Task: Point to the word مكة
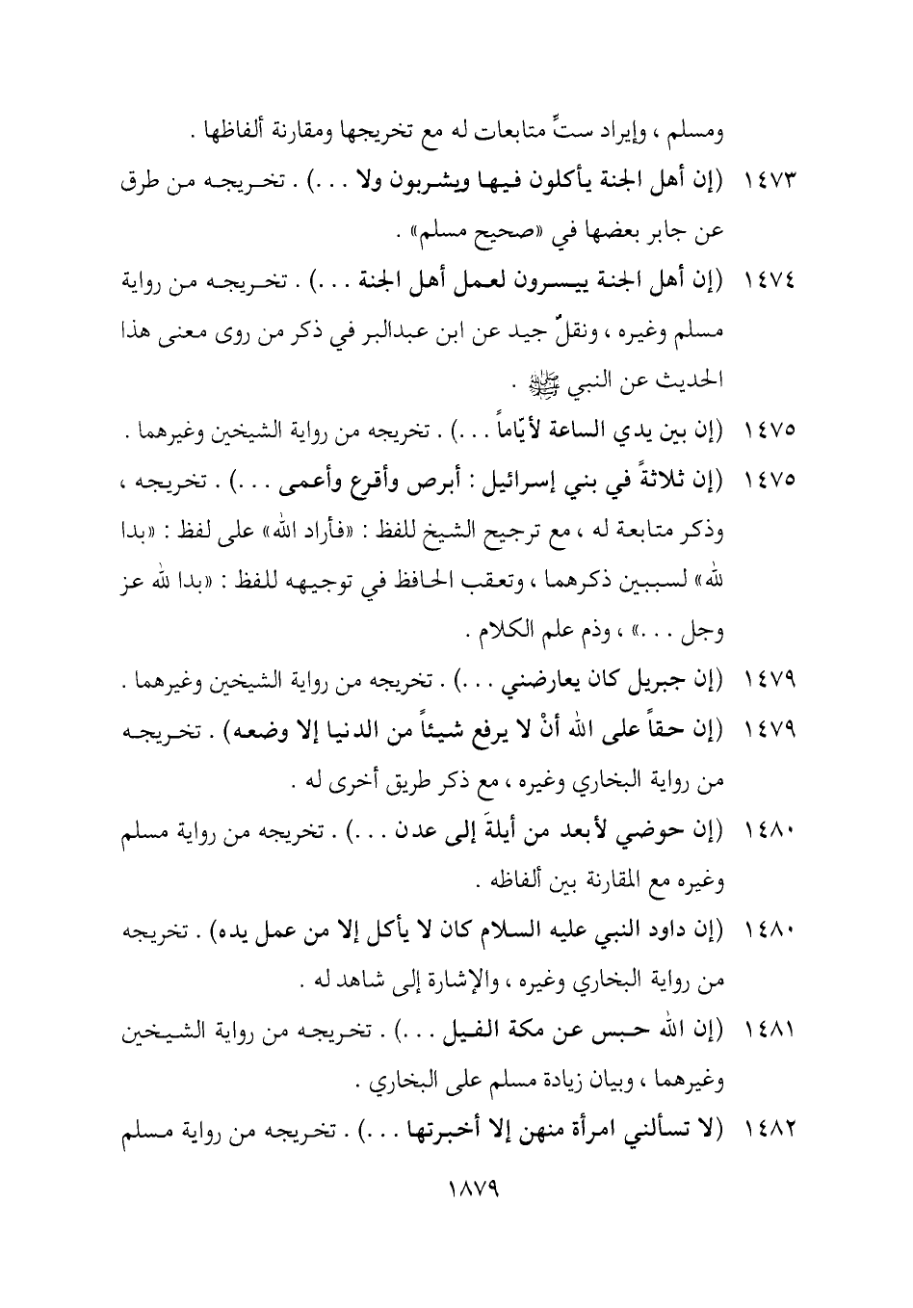pyautogui.click(x=543, y=1035)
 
